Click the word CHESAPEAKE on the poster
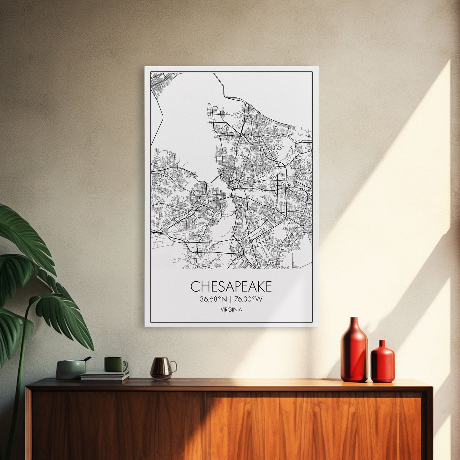point(231,287)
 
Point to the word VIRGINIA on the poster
point(231,310)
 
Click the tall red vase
point(354,353)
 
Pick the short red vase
point(382,363)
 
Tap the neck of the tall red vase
point(354,324)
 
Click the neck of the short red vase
point(382,344)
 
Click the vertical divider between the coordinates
point(231,299)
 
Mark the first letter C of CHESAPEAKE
point(195,287)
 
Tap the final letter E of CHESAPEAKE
point(268,287)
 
